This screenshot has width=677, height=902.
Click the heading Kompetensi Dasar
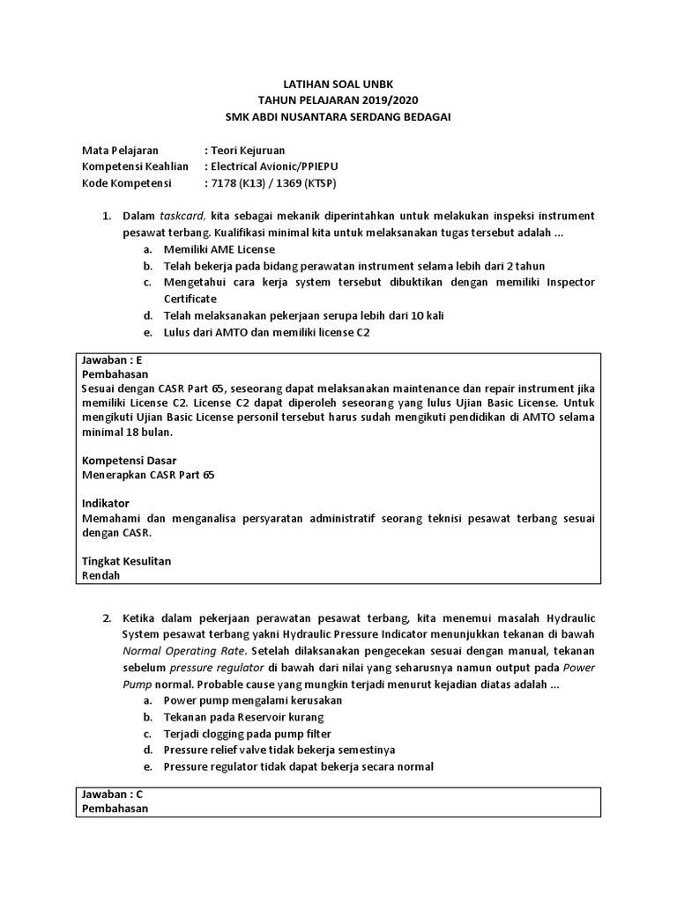click(x=129, y=460)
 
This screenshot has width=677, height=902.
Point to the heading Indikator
click(x=106, y=503)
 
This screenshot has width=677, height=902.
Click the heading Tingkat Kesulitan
click(x=126, y=561)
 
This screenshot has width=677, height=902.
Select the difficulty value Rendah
click(x=100, y=575)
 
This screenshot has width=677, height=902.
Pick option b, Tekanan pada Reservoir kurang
click(x=244, y=717)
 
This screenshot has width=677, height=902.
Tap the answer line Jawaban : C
click(x=112, y=794)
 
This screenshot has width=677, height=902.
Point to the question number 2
click(x=106, y=618)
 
